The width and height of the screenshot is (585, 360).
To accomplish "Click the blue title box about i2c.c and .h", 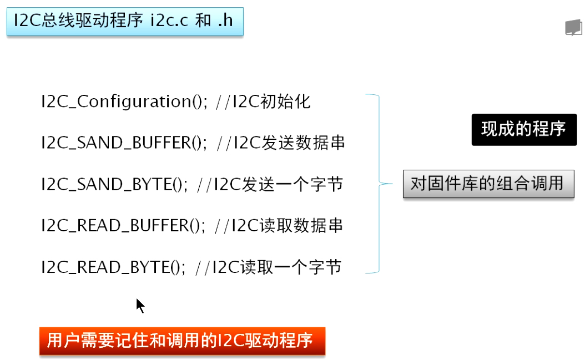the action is pos(125,22).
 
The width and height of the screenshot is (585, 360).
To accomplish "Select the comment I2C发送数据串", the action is pos(289,143).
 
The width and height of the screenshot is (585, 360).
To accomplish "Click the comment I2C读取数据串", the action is pos(288,226).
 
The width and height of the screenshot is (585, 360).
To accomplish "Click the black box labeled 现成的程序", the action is pos(524,130).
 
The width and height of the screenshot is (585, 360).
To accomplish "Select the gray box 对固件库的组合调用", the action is pos(487,184).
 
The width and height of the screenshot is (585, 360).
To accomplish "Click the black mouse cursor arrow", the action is pos(140,306).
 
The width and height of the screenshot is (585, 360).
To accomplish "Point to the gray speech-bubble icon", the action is pos(573,28).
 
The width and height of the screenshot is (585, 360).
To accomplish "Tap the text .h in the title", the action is pos(225,22).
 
